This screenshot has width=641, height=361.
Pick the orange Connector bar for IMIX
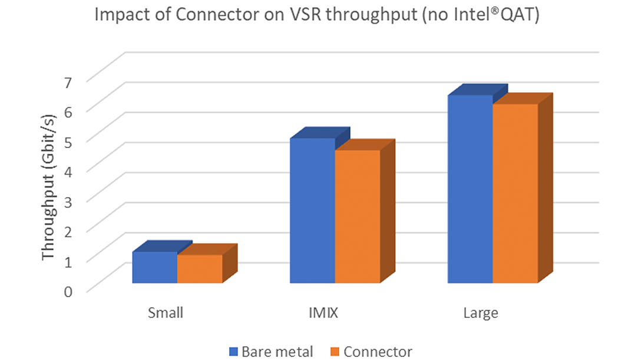tap(357, 216)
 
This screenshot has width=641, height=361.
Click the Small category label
tap(166, 313)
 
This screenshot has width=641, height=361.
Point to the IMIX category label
tap(323, 313)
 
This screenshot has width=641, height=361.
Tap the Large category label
tap(481, 313)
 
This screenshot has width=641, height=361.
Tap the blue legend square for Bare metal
tap(233, 352)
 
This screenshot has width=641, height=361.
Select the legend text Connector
tap(378, 352)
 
